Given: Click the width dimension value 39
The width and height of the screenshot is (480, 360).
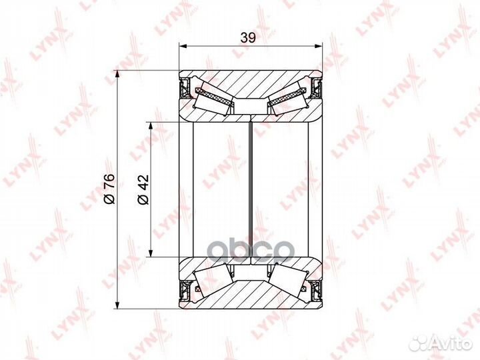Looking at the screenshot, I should click(249, 39).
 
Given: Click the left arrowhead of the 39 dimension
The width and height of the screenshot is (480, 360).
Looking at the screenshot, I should click(183, 47).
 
